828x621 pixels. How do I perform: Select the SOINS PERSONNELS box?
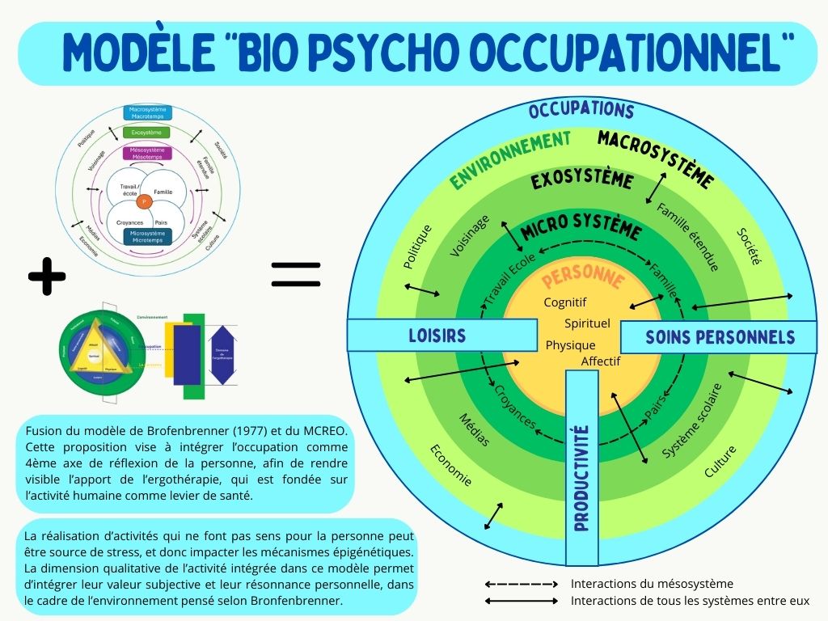720,337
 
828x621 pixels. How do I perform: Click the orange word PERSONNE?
583,279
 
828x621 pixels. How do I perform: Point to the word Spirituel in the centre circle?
587,323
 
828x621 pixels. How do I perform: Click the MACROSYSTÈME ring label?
656,158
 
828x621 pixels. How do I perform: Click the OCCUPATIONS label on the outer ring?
581,110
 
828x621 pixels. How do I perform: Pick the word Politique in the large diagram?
418,247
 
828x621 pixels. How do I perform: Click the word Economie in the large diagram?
450,465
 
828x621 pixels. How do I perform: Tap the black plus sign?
46,277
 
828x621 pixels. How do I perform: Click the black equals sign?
295,274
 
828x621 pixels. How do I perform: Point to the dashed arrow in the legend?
522,584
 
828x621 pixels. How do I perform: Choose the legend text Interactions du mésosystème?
652,584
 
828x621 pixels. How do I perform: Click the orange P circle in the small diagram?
143,201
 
